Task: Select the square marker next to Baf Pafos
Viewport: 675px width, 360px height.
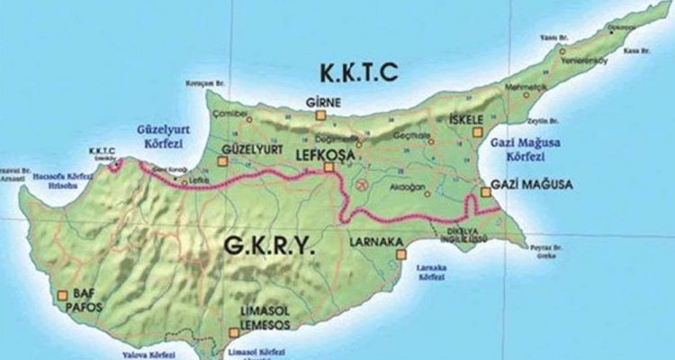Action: (x=61, y=293)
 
